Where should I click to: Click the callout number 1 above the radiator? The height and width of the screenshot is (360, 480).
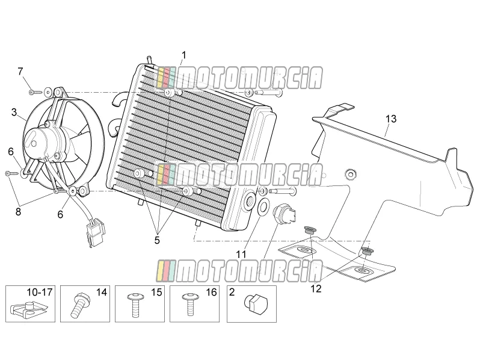(183, 55)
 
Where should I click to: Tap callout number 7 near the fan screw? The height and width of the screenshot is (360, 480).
(20, 72)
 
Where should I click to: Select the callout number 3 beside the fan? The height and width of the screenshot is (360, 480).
(14, 112)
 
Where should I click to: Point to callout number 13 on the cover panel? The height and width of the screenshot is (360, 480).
(391, 119)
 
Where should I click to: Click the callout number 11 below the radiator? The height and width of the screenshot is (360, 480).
(241, 254)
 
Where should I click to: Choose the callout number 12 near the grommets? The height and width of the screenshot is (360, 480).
(316, 288)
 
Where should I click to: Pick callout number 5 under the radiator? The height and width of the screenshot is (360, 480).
(157, 240)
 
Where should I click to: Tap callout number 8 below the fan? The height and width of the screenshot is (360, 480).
(19, 211)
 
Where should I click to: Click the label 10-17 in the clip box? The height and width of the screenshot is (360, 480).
(40, 292)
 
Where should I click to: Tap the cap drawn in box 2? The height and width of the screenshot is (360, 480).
(256, 301)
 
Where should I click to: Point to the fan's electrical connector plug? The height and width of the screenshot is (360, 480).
(95, 232)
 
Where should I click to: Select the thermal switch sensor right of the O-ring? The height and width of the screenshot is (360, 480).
(285, 214)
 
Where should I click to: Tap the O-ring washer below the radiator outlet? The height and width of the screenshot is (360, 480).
(263, 207)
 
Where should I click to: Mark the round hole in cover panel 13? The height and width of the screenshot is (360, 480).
(351, 175)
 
